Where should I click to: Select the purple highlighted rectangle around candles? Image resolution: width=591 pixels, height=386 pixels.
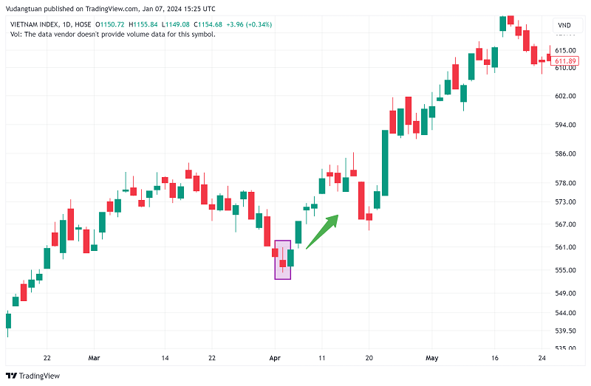(282, 260)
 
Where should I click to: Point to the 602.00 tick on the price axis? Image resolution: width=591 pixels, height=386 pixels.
(565, 96)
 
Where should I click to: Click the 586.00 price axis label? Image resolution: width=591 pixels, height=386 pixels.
(565, 154)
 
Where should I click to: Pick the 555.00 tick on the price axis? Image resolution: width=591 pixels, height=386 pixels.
(565, 270)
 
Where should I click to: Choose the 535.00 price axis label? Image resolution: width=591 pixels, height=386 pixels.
(565, 348)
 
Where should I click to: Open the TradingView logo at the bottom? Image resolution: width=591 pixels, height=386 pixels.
(35, 375)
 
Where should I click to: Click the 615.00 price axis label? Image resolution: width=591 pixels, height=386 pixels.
(565, 49)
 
